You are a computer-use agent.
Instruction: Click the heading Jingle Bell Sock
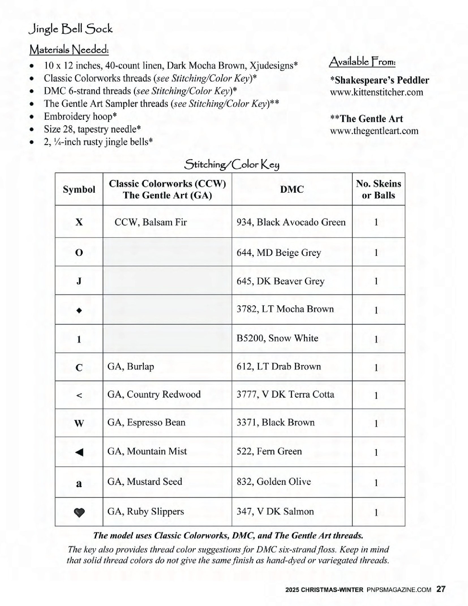70,29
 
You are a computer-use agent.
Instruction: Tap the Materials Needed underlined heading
69,50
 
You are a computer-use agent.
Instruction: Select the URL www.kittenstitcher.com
376,92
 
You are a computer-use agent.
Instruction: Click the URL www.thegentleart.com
374,131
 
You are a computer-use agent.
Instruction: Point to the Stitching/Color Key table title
231,165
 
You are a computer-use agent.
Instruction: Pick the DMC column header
292,189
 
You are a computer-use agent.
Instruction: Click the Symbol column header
79,189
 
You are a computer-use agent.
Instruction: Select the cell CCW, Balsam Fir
151,222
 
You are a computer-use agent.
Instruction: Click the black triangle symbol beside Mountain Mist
79,453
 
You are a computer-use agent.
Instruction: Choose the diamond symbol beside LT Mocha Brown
79,310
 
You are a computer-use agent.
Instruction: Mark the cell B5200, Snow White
277,338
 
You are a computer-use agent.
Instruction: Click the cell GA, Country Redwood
154,394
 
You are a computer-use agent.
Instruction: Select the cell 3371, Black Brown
275,422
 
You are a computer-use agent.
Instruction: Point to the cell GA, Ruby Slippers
145,511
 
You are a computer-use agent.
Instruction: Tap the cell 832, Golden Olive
274,481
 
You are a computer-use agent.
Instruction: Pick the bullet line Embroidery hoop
80,116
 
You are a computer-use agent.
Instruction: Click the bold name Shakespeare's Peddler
379,80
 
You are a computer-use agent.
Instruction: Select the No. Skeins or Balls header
378,189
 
